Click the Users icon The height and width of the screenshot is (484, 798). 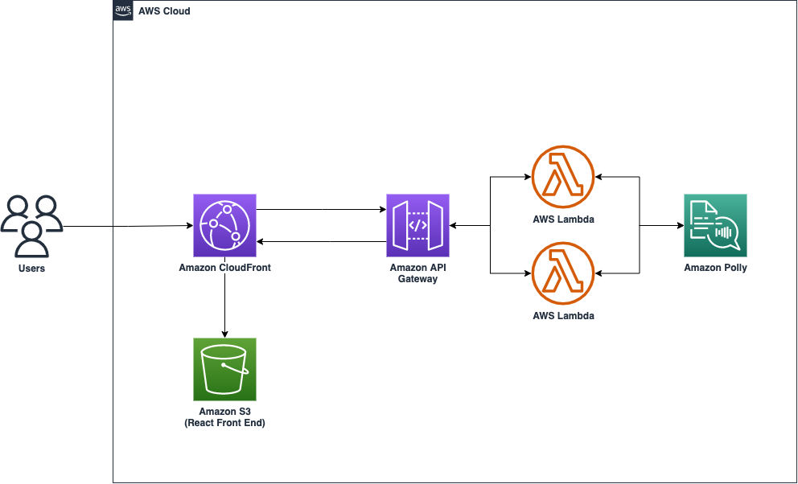tap(31, 224)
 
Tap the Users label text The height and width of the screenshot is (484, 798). tap(31, 268)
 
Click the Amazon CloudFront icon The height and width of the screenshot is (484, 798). tap(224, 224)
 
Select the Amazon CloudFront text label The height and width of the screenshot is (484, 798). tap(224, 268)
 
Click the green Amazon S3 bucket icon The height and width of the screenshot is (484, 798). tap(224, 369)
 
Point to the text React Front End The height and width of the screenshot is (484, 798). tap(224, 423)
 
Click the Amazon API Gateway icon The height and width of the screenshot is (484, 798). tap(418, 224)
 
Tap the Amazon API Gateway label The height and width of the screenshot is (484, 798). tap(418, 273)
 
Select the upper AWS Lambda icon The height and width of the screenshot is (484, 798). tap(563, 176)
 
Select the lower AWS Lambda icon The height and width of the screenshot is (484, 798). tap(563, 273)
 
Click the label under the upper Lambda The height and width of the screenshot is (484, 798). tap(563, 219)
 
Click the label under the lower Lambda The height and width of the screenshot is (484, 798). tap(563, 316)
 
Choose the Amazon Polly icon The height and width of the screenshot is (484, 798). tap(715, 224)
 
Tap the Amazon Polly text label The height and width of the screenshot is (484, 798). tap(715, 268)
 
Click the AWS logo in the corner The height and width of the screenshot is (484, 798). tap(123, 10)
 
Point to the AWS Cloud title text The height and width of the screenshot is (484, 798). tap(164, 11)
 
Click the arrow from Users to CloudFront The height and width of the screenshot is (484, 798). tap(129, 227)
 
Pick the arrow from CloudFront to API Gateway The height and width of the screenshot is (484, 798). tap(322, 210)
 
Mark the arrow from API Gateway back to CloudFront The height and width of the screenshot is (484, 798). tap(322, 240)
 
